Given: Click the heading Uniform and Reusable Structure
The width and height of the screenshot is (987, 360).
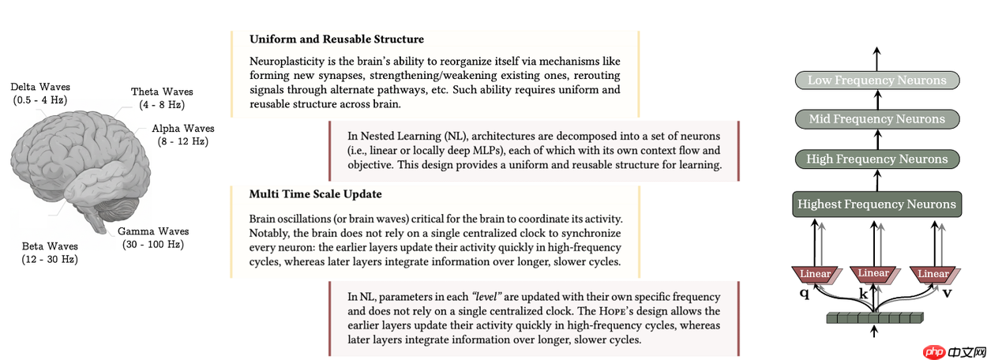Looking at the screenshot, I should coord(336,39).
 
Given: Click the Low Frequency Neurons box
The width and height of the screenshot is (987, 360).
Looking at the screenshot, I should coord(876,80).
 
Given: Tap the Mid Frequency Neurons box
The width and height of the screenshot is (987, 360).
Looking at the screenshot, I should coord(876,119).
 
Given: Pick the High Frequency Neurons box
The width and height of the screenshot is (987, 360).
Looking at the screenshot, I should coord(876,159).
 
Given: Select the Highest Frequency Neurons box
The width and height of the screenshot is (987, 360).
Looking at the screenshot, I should coord(876,204).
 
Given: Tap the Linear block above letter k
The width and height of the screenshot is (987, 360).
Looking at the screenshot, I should coord(873,274).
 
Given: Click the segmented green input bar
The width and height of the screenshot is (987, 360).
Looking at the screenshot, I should coord(875,318).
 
